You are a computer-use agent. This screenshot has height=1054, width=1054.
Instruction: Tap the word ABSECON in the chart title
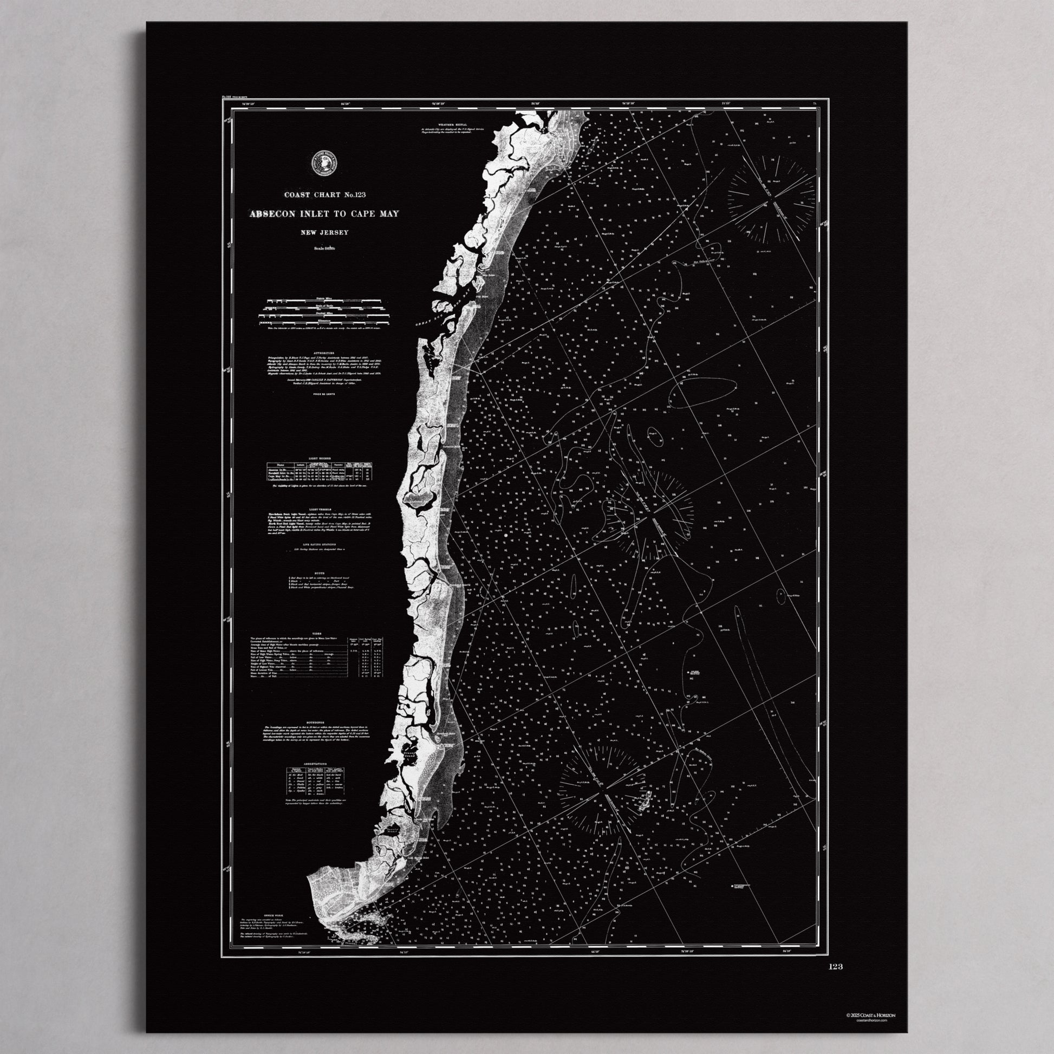272,214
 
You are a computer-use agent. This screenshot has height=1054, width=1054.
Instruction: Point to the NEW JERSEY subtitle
324,232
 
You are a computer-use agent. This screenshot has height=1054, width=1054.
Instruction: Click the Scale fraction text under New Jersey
324,249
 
